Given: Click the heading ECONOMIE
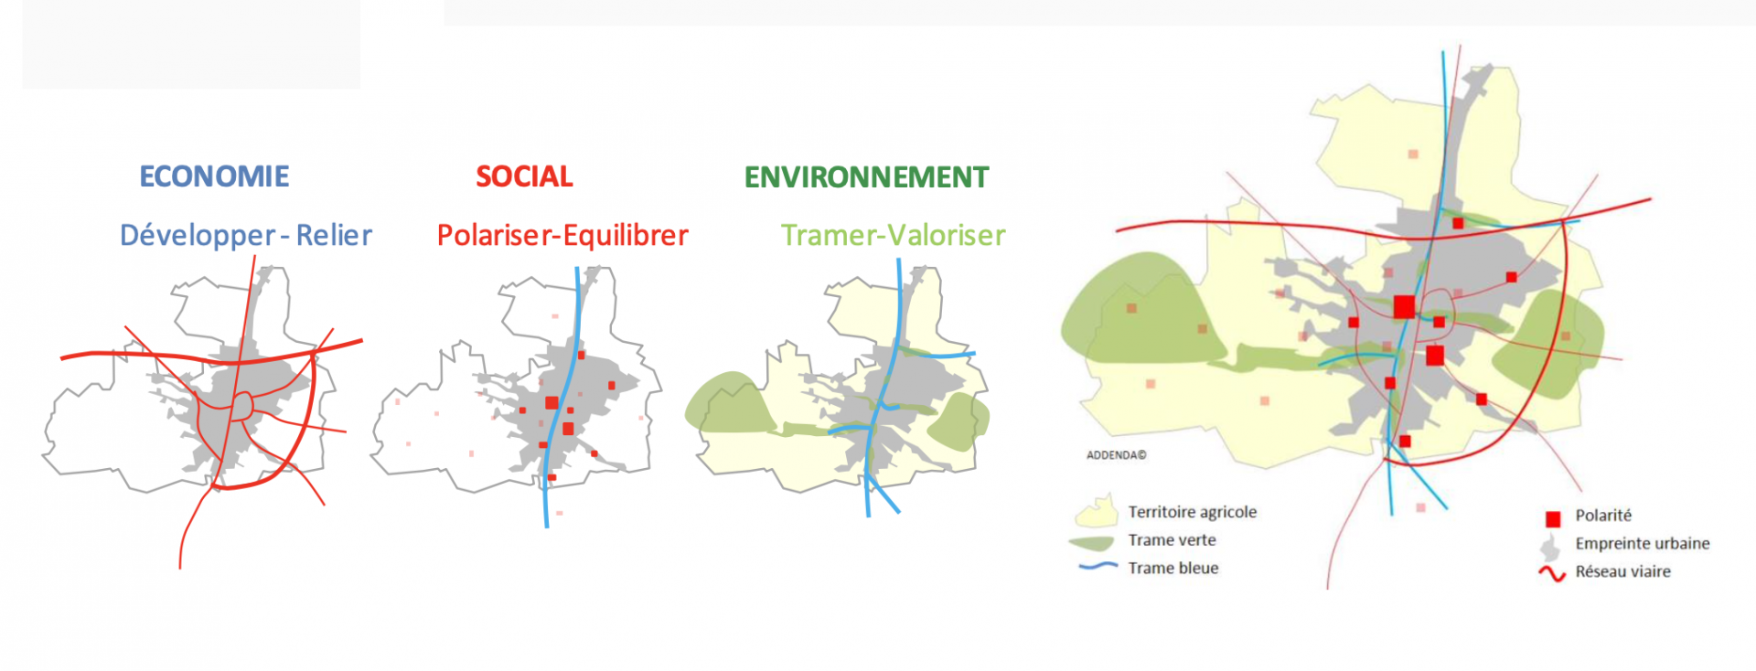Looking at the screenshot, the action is (x=214, y=176).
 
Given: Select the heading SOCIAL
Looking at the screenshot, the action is (x=524, y=176).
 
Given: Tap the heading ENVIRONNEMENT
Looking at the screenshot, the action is (x=866, y=177).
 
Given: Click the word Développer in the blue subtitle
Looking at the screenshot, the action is (x=198, y=236).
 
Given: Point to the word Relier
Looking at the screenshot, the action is (x=334, y=235).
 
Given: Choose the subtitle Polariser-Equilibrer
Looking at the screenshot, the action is (x=562, y=236).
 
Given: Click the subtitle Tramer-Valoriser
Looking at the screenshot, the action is (x=893, y=236).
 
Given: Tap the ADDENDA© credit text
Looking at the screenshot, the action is (x=1116, y=455).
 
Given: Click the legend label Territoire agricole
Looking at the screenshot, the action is (x=1192, y=512).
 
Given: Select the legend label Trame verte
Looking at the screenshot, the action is (x=1172, y=540).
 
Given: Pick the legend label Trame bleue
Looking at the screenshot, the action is (x=1172, y=568).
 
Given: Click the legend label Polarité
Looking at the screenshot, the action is (x=1602, y=516).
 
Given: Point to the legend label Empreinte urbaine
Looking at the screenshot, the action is (x=1642, y=543).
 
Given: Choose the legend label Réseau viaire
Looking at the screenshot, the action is (x=1622, y=571).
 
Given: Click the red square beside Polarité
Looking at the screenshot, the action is (x=1553, y=519).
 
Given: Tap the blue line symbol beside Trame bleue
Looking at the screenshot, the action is (x=1097, y=567).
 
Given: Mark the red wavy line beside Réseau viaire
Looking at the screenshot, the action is (x=1552, y=573).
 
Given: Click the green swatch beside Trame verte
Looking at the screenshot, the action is (x=1091, y=543).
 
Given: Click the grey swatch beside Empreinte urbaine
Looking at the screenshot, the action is (x=1550, y=548).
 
